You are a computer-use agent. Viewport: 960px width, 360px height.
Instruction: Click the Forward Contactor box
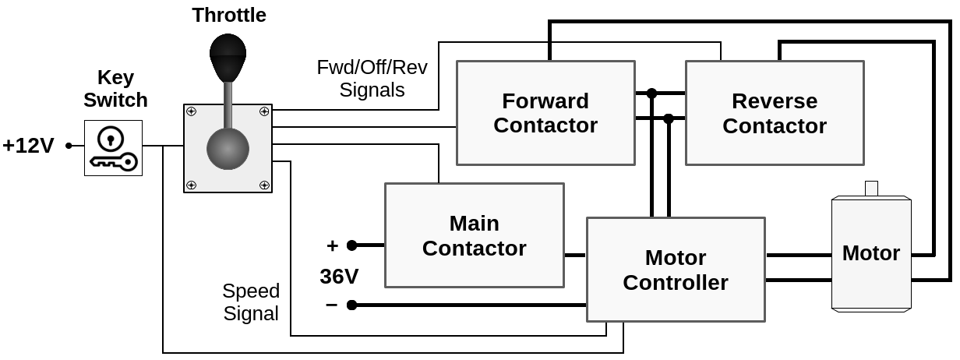click(x=545, y=113)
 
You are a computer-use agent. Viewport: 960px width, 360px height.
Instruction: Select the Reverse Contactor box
click(x=775, y=113)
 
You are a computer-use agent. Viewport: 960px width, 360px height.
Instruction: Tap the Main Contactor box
click(x=474, y=235)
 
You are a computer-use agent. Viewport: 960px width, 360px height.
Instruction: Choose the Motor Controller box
click(x=676, y=270)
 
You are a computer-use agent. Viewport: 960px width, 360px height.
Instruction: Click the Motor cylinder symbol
click(x=871, y=253)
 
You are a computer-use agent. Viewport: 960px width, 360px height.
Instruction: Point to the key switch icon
click(x=113, y=148)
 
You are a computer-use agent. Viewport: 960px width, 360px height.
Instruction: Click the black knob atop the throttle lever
click(x=228, y=56)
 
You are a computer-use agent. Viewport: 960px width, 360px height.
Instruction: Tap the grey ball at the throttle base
click(x=228, y=149)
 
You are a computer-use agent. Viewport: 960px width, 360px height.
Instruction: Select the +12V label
click(x=28, y=146)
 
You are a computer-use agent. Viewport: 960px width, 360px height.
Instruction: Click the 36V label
click(x=339, y=277)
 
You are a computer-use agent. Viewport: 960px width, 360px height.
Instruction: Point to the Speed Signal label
click(x=251, y=302)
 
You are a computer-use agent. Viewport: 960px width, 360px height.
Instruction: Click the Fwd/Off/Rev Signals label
click(x=372, y=78)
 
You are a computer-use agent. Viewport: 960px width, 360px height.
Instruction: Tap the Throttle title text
click(x=229, y=15)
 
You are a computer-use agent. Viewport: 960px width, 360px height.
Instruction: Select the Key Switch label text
click(x=115, y=89)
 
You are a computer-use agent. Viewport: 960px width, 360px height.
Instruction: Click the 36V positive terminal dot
click(x=351, y=245)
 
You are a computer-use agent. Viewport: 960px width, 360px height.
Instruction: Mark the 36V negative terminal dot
click(x=351, y=305)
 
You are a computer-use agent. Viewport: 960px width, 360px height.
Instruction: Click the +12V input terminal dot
click(x=69, y=146)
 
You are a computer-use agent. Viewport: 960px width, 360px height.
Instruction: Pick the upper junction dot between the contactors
click(x=651, y=93)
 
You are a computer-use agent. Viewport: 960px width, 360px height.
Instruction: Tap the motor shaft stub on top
click(x=871, y=188)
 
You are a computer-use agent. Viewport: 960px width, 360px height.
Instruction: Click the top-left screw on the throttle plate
click(x=191, y=112)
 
